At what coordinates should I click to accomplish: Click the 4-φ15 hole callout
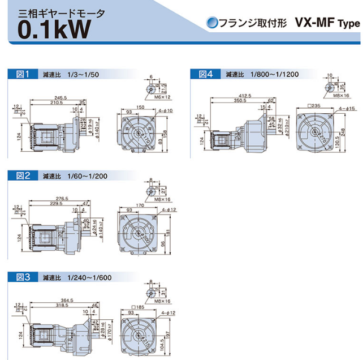(345, 108)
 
